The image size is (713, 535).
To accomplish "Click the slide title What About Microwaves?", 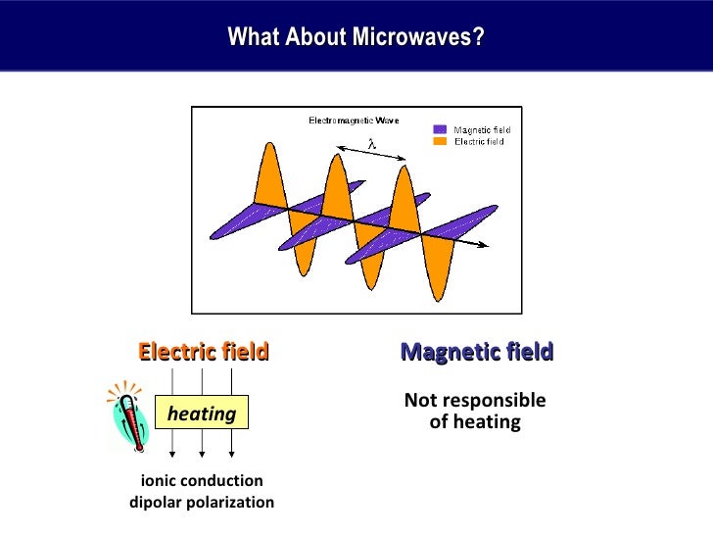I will pyautogui.click(x=356, y=37).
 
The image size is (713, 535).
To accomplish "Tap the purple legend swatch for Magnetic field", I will pyautogui.click(x=440, y=129).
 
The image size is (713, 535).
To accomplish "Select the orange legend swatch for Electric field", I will pyautogui.click(x=440, y=141).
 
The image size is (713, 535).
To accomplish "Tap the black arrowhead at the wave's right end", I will pyautogui.click(x=482, y=244).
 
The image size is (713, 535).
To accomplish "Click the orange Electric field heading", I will pyautogui.click(x=203, y=352).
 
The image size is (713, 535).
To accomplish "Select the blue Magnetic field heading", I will pyautogui.click(x=476, y=352).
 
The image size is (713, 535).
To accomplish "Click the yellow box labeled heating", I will pyautogui.click(x=202, y=413).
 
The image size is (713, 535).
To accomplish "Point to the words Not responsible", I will pyautogui.click(x=475, y=401).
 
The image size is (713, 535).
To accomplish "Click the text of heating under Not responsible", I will pyautogui.click(x=475, y=422).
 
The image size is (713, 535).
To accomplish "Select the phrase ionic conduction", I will pyautogui.click(x=202, y=481).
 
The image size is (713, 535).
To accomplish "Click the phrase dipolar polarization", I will pyautogui.click(x=202, y=503).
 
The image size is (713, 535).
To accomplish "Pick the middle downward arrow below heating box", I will pyautogui.click(x=202, y=447).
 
